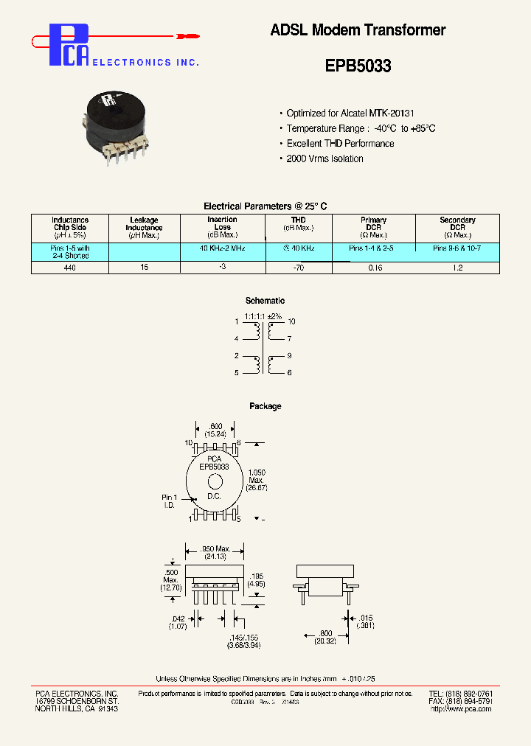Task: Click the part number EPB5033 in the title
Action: tap(358, 66)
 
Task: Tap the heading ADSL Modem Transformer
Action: tap(358, 30)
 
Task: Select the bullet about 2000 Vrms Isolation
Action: tap(324, 158)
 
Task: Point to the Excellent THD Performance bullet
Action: tap(340, 144)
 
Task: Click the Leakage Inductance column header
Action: tap(144, 228)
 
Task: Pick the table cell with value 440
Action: tap(70, 267)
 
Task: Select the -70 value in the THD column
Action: tap(298, 267)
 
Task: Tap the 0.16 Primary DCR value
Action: tap(374, 267)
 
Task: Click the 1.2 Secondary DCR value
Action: tap(457, 267)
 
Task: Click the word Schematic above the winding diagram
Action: tap(265, 301)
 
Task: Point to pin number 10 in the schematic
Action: tap(291, 322)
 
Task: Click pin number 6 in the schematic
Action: tap(290, 373)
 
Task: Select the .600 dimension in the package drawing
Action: tap(215, 427)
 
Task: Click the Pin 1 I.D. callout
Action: tap(170, 502)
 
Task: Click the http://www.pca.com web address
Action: tap(460, 708)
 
